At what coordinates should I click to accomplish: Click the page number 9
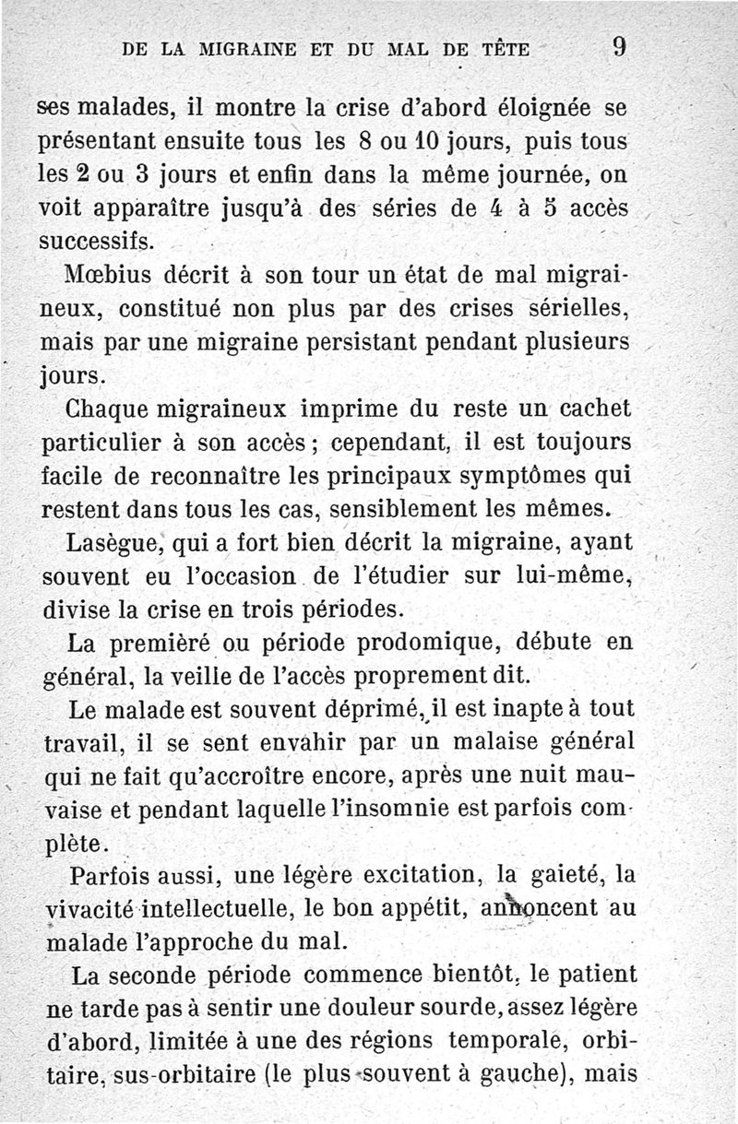(x=620, y=46)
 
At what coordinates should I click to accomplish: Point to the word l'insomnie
(x=421, y=811)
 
